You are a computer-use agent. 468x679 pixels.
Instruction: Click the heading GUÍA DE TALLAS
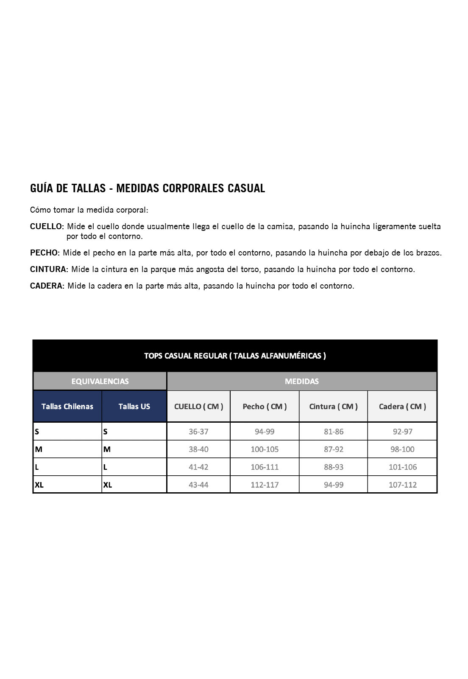(x=147, y=188)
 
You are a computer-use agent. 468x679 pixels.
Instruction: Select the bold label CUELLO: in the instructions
(x=47, y=227)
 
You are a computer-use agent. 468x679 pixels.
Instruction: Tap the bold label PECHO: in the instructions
(x=45, y=253)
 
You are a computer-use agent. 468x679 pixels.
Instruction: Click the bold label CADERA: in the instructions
(x=47, y=286)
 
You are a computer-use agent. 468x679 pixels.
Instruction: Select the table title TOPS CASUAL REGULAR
(x=235, y=356)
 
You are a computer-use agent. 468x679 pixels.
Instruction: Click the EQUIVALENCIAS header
(x=100, y=381)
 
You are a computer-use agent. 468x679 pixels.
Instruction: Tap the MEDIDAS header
(x=302, y=381)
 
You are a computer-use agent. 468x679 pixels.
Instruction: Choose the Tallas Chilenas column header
(x=67, y=407)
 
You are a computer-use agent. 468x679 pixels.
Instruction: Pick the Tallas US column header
(x=134, y=407)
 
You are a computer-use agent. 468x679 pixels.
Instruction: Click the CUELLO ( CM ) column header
(x=198, y=407)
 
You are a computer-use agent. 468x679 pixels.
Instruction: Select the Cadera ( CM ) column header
(x=402, y=407)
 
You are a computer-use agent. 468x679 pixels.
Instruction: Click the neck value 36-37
(x=198, y=432)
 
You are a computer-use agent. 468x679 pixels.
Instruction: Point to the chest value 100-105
(x=265, y=449)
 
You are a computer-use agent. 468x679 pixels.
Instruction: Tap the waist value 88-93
(x=334, y=467)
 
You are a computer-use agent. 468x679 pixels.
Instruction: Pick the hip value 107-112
(x=403, y=485)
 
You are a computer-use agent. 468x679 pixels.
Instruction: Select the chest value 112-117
(x=265, y=485)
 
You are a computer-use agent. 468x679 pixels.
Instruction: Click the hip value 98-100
(x=402, y=449)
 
